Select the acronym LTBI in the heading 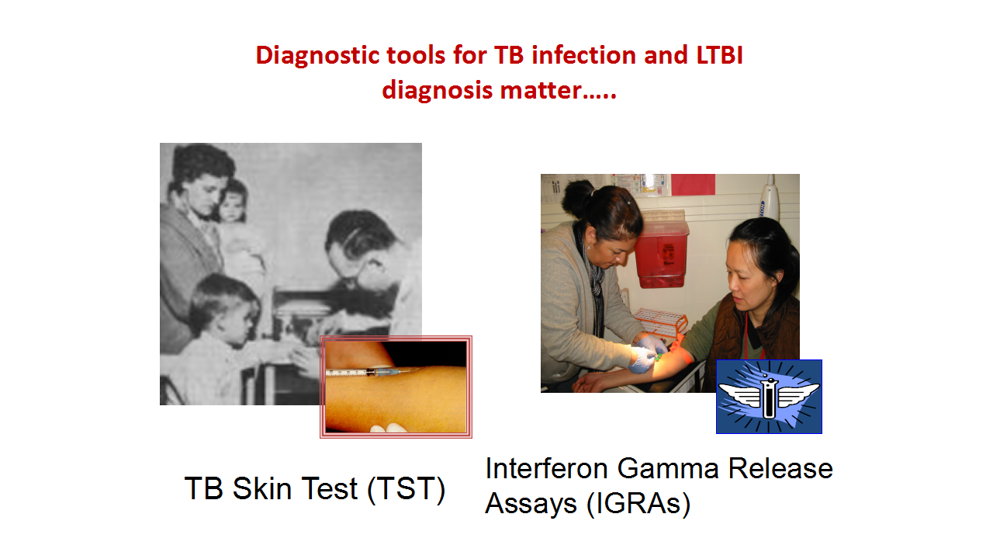point(719,55)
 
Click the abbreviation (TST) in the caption point(406,489)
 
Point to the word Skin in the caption point(261,488)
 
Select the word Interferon point(546,468)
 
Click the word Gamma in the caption point(668,468)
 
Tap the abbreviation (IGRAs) point(638,504)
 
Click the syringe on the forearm point(367,372)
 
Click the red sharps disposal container point(661,254)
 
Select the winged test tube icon point(769,397)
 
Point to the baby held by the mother point(236,222)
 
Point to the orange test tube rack point(660,321)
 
